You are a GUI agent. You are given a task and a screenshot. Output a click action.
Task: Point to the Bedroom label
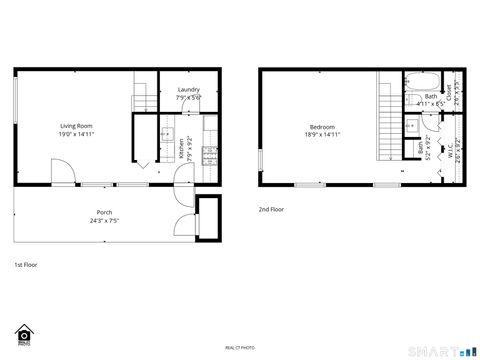[322, 127]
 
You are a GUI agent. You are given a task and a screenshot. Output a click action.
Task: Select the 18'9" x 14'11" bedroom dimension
[322, 135]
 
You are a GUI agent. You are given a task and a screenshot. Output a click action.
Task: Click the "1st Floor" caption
[25, 265]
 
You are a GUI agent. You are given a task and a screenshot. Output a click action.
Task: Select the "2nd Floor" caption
[271, 210]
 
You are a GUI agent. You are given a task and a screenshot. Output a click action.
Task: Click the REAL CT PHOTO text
[240, 346]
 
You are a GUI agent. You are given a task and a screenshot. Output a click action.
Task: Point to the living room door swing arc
[62, 176]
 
